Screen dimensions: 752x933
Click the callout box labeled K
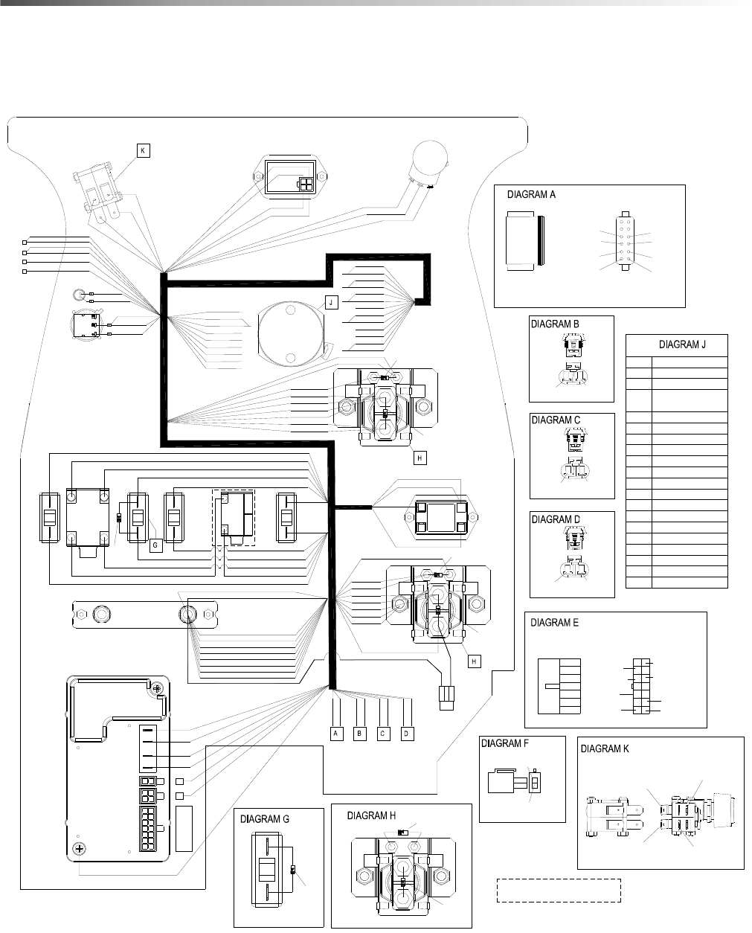coord(143,151)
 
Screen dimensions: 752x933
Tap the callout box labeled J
coord(331,303)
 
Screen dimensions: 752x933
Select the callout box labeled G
coord(155,545)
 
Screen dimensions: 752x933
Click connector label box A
coord(336,734)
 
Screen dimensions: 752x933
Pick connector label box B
coord(360,734)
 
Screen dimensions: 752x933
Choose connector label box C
coord(383,734)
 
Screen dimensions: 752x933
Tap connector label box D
coord(407,734)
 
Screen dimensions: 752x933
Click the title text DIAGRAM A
coord(531,195)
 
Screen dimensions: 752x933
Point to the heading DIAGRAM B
coord(555,324)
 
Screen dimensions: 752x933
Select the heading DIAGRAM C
coord(556,420)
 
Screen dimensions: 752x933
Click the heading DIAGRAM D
coord(556,519)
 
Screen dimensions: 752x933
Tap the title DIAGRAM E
coord(554,623)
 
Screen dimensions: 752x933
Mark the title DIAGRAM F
coord(505,743)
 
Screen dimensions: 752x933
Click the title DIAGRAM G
coord(264,819)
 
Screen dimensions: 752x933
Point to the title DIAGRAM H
coord(371,815)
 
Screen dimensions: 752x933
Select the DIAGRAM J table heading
coord(682,344)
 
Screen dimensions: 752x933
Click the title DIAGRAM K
coord(605,748)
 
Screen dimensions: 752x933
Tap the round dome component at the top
coord(429,158)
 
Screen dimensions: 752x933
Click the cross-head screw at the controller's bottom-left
coord(80,848)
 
